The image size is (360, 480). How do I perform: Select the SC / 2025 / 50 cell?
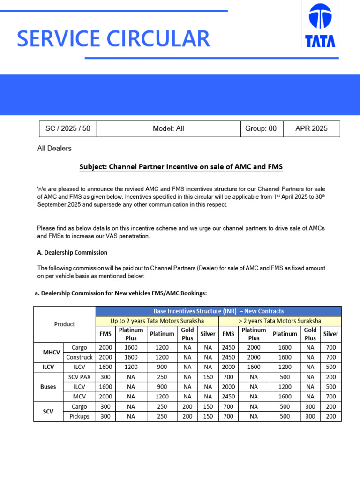pyautogui.click(x=67, y=128)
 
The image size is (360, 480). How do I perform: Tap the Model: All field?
pyautogui.click(x=168, y=128)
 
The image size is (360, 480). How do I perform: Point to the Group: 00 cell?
pyautogui.click(x=261, y=128)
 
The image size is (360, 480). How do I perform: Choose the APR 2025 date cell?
pyautogui.click(x=311, y=128)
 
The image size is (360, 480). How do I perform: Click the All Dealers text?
pyautogui.click(x=54, y=149)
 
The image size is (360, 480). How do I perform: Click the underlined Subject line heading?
pyautogui.click(x=181, y=167)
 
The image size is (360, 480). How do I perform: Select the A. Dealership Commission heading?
pyautogui.click(x=72, y=252)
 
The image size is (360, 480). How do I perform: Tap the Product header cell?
pyautogui.click(x=65, y=324)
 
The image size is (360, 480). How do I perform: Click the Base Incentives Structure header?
pyautogui.click(x=218, y=311)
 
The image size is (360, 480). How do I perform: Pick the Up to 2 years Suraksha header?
pyautogui.click(x=157, y=321)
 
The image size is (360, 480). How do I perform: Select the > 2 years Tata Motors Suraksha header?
pyautogui.click(x=280, y=321)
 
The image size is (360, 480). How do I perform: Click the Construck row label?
pyautogui.click(x=79, y=357)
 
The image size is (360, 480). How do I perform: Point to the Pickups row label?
pyautogui.click(x=79, y=416)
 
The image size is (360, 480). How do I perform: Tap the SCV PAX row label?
pyautogui.click(x=79, y=377)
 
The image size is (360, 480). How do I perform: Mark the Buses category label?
pyautogui.click(x=48, y=387)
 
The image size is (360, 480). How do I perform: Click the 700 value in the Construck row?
pyautogui.click(x=331, y=357)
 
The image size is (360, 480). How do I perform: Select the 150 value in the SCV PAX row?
pyautogui.click(x=208, y=377)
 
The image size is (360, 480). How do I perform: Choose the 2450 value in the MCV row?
pyautogui.click(x=228, y=397)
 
